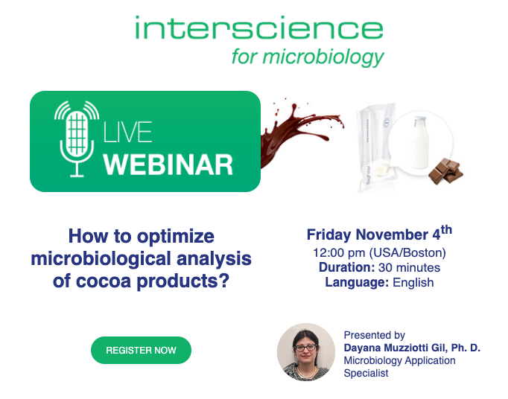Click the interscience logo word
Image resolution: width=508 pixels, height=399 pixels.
(x=258, y=29)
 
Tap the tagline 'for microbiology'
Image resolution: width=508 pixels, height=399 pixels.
(x=307, y=57)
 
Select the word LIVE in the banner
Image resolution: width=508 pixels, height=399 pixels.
(x=127, y=133)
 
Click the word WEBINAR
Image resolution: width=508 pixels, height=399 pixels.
(x=168, y=164)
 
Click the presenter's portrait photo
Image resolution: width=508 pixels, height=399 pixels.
(x=305, y=352)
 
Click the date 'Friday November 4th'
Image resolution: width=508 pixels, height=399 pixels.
(x=378, y=234)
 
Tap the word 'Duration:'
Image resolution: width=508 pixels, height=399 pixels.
(x=346, y=267)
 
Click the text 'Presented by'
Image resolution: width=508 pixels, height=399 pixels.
(x=374, y=335)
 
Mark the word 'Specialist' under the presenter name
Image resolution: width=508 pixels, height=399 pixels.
(x=366, y=373)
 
